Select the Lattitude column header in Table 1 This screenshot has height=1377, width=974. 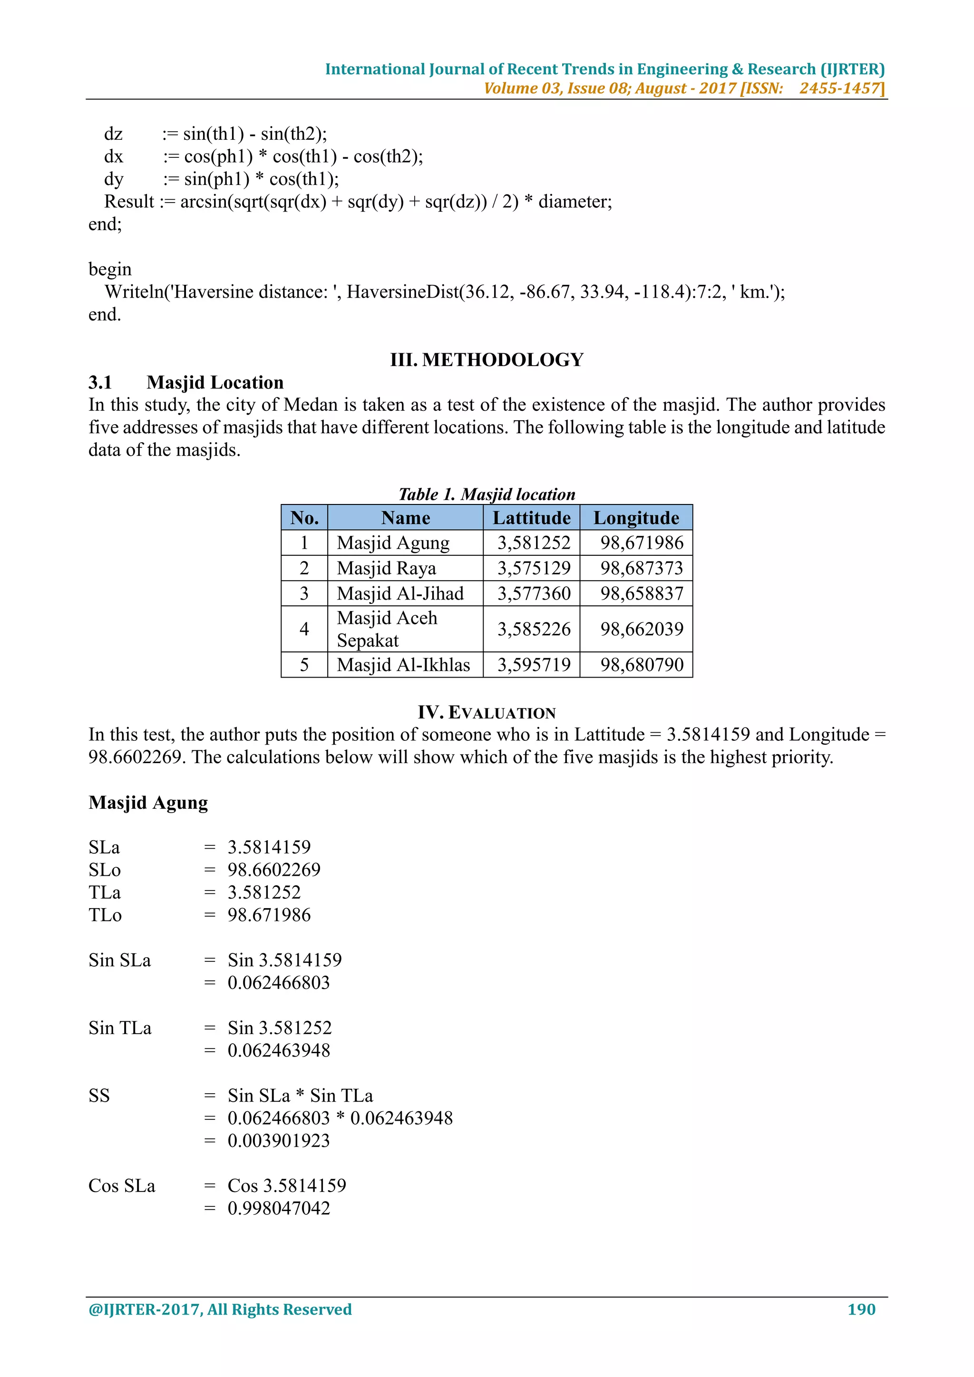pyautogui.click(x=531, y=518)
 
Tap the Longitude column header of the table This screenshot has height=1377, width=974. pyautogui.click(x=636, y=518)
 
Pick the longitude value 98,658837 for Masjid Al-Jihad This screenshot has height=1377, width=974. pyautogui.click(x=642, y=593)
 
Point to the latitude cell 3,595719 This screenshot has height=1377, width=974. pyautogui.click(x=534, y=665)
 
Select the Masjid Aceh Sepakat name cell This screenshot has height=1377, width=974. pyautogui.click(x=388, y=629)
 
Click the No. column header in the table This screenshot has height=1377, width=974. pyautogui.click(x=304, y=518)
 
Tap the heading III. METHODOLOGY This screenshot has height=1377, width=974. pyautogui.click(x=487, y=360)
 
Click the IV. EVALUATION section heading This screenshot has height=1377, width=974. pyautogui.click(x=487, y=712)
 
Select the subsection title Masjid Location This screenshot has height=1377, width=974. pyautogui.click(x=214, y=383)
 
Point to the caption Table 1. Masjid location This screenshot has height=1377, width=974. pyautogui.click(x=487, y=494)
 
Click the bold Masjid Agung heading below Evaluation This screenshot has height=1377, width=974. pyautogui.click(x=148, y=803)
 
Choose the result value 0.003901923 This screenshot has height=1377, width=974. pyautogui.click(x=278, y=1140)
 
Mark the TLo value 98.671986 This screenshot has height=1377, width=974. pyautogui.click(x=269, y=915)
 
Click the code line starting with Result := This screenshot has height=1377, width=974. pyautogui.click(x=358, y=202)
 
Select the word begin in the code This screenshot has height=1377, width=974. pyautogui.click(x=110, y=269)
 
